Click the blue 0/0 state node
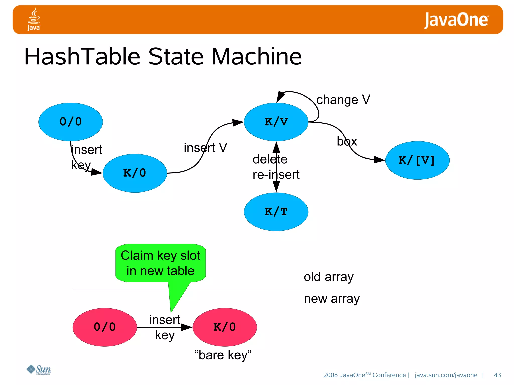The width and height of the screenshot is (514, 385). point(71,122)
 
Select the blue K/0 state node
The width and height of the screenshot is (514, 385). point(135,173)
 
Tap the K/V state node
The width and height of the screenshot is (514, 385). point(276,122)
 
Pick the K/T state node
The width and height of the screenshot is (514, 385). point(276,212)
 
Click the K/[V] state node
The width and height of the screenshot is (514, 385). point(417,160)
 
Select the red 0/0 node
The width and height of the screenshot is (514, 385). point(105,327)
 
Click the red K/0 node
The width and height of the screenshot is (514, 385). point(225,327)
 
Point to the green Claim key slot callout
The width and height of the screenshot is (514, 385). point(161,263)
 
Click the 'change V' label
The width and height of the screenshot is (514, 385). point(343,100)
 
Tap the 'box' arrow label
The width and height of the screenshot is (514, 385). point(347,142)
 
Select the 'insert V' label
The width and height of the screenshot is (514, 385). point(205,148)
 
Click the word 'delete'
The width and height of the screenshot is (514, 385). point(270,159)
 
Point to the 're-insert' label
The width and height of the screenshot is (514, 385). point(276,175)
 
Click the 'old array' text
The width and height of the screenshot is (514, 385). point(329,277)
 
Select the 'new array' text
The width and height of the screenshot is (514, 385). point(332,299)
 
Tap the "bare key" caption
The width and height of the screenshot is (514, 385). point(223,355)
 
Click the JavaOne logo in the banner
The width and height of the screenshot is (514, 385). point(456,20)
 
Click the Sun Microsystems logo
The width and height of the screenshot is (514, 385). point(39,370)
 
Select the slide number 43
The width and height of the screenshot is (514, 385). point(497,375)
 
